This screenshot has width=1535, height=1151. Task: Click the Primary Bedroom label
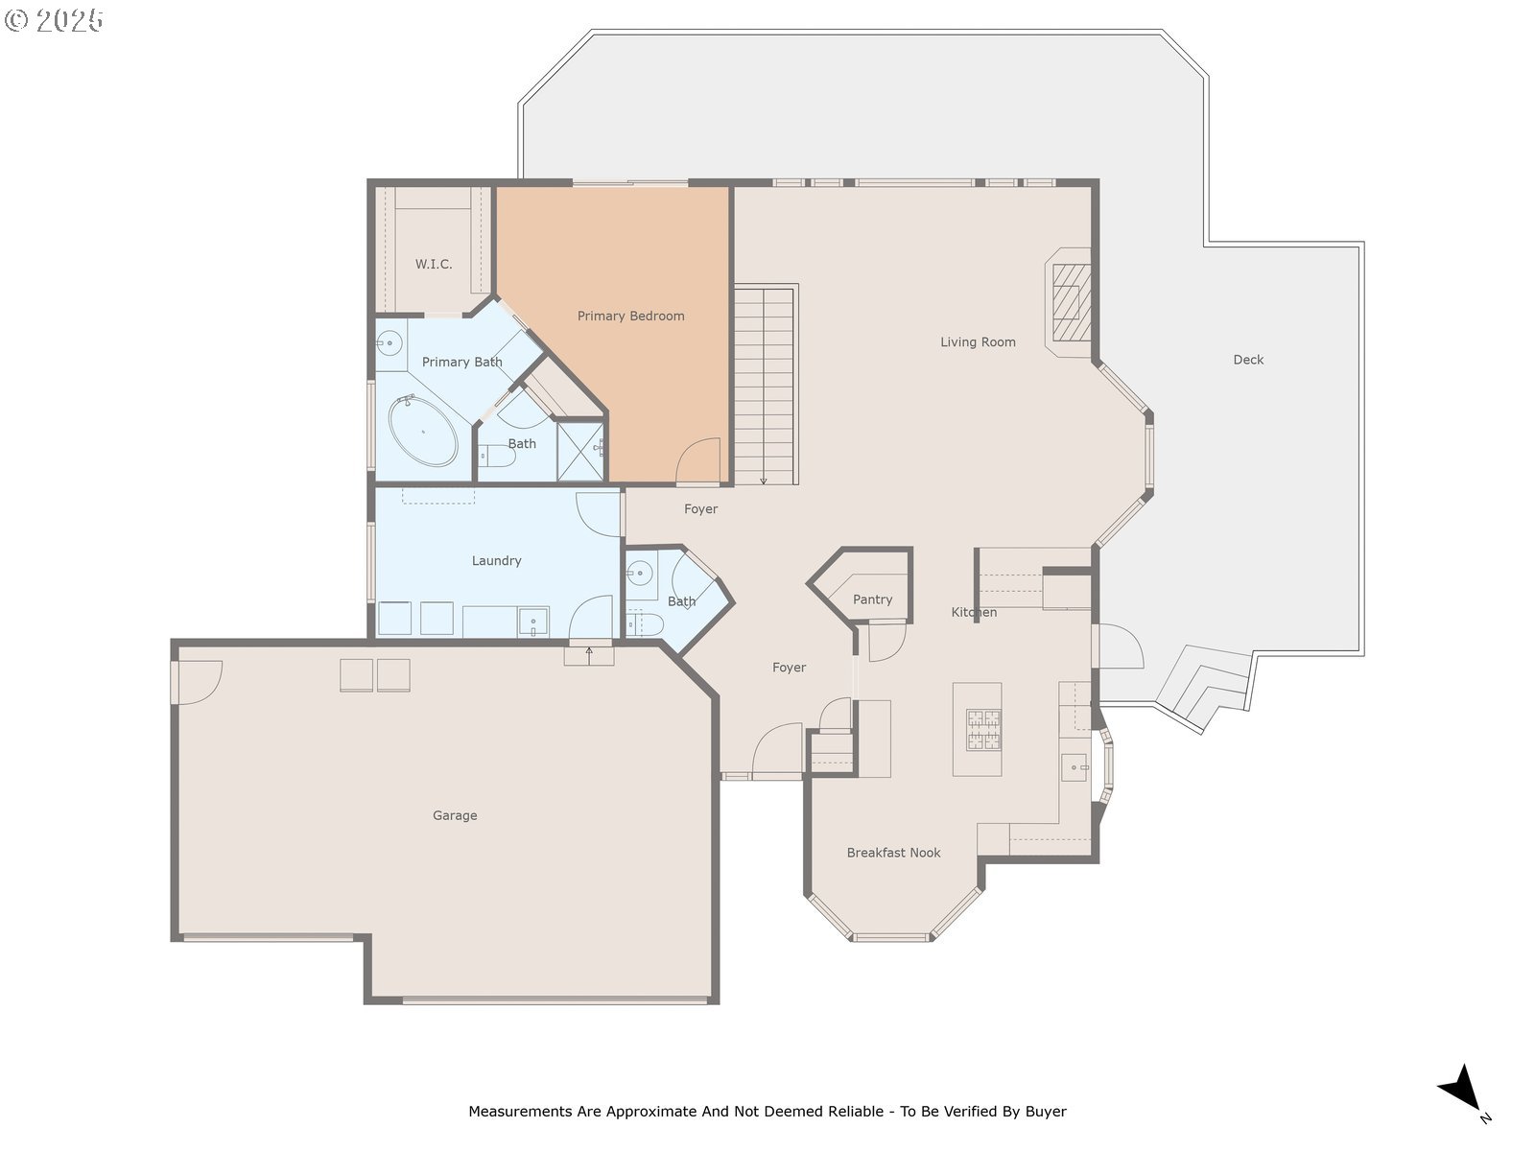(x=630, y=316)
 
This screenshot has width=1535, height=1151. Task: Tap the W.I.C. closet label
(x=434, y=264)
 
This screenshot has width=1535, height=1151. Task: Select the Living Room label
(x=977, y=341)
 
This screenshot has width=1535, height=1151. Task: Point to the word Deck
(x=1248, y=359)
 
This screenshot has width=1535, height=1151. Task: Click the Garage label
(x=455, y=815)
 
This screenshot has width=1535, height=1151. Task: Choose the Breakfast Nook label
(x=893, y=853)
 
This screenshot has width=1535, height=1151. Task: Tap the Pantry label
(x=872, y=599)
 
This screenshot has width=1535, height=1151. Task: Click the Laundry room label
(x=496, y=560)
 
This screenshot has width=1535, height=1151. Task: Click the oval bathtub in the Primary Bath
(x=423, y=432)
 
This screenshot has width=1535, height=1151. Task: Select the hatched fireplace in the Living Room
(x=1072, y=302)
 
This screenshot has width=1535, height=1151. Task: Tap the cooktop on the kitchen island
(x=983, y=730)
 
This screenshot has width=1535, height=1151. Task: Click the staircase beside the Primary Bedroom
(x=766, y=385)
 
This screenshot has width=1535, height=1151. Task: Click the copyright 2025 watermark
(x=53, y=20)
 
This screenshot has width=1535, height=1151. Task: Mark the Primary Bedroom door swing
(x=697, y=459)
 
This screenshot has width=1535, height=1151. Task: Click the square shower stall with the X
(x=580, y=452)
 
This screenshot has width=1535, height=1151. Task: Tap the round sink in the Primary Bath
(x=390, y=343)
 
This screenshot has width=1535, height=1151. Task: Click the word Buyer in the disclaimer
(x=1046, y=1112)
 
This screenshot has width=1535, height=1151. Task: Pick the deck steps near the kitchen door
(x=1204, y=688)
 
